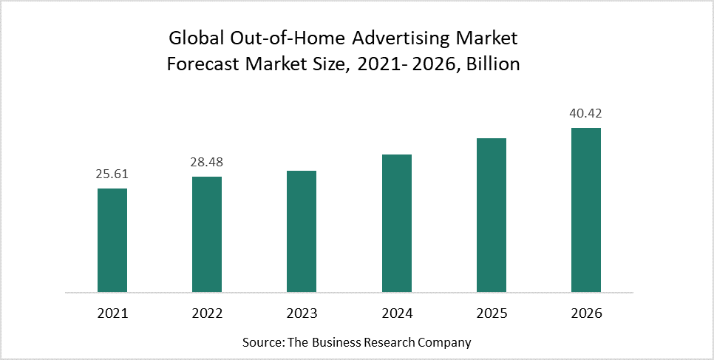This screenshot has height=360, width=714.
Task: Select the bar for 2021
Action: [x=112, y=240]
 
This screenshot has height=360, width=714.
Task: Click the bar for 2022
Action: [x=207, y=234]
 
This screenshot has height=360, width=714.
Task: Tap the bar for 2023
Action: [x=302, y=231]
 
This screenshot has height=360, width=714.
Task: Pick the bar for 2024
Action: [x=397, y=223]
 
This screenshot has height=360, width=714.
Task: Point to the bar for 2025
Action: [x=492, y=214]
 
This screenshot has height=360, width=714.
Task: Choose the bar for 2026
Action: [x=586, y=209]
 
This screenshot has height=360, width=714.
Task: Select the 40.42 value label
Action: [x=586, y=115]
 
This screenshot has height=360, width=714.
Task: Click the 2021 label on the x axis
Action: [x=112, y=313]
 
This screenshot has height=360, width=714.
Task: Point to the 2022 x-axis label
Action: [x=207, y=313]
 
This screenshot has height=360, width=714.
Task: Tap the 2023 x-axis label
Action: [x=302, y=313]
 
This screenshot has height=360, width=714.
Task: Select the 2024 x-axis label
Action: [x=397, y=313]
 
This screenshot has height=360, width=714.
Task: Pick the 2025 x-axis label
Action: [x=492, y=313]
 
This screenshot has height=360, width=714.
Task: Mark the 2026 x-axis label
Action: [x=586, y=313]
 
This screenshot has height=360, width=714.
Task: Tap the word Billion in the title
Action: [x=491, y=64]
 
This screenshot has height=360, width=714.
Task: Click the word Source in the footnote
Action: [x=259, y=343]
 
